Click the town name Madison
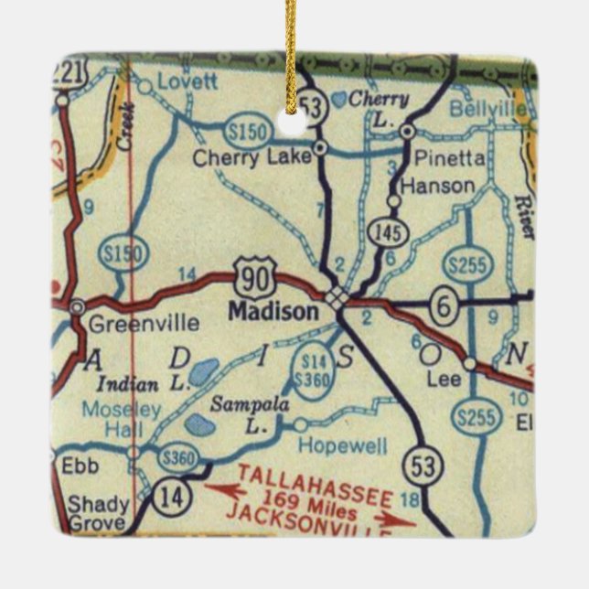coord(273,311)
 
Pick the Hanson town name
coord(439,186)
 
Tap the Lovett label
coord(187,80)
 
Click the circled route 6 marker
coord(443,307)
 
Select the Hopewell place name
coord(344,445)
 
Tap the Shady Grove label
coord(90,512)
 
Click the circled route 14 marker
coord(169,497)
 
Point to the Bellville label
coord(487,108)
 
